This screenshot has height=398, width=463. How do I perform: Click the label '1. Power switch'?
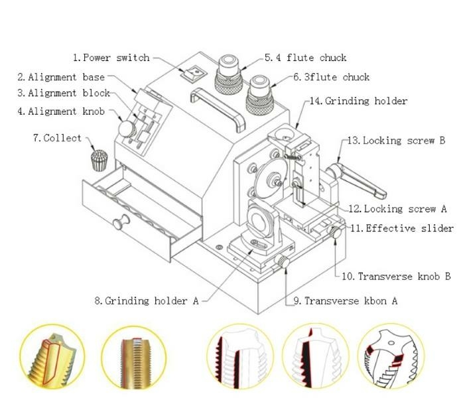[111, 58]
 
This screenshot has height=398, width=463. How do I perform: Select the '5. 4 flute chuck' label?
[305, 58]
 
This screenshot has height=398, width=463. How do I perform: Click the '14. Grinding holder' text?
[358, 101]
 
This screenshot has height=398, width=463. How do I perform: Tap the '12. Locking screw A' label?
[397, 209]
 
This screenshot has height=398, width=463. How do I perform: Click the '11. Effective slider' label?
[401, 228]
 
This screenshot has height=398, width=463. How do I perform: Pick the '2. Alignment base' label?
[61, 77]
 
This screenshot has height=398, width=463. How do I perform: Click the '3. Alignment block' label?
[64, 94]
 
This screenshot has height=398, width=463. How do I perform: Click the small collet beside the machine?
[98, 160]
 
